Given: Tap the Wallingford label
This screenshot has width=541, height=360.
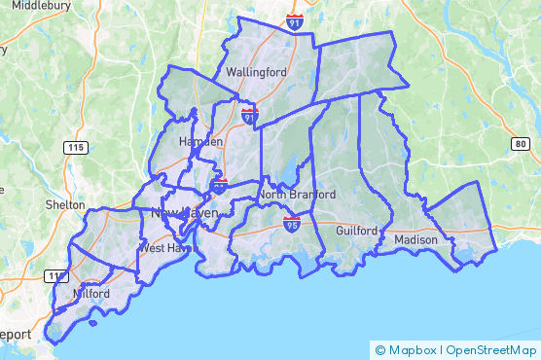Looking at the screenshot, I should (x=256, y=73).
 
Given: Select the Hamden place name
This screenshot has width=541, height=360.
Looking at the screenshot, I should (x=201, y=142).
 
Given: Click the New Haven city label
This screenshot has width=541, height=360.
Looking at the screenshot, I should (x=184, y=213).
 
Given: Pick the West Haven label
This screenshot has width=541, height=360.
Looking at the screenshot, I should (x=163, y=248).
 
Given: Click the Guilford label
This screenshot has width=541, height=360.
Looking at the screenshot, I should (x=356, y=232).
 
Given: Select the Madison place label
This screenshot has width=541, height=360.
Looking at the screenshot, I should (x=416, y=239).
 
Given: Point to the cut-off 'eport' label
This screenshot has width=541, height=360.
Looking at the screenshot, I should (x=16, y=335).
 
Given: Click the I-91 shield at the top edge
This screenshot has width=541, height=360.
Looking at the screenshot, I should (x=295, y=20).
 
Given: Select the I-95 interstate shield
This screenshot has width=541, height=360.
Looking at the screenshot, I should (x=292, y=225).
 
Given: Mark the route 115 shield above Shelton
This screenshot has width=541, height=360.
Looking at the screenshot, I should (x=76, y=147).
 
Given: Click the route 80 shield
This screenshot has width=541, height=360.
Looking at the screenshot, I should (x=523, y=144).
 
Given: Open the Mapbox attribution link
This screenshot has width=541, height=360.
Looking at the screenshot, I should (x=414, y=349).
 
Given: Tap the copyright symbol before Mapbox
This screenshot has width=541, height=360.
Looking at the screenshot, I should (x=380, y=349).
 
